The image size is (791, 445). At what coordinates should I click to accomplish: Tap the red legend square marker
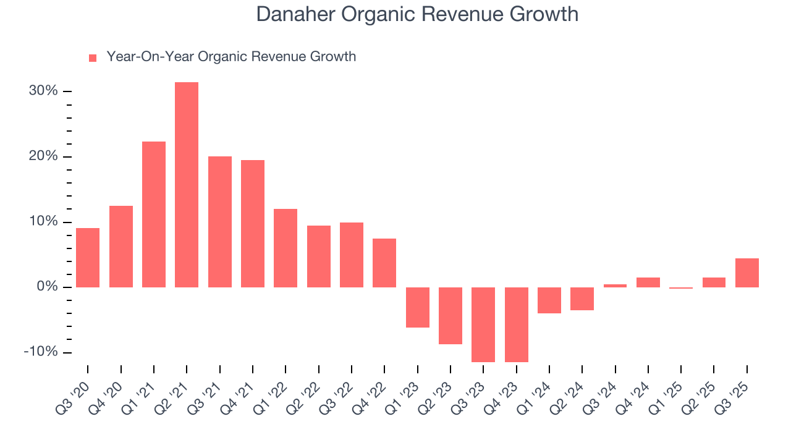click(93, 57)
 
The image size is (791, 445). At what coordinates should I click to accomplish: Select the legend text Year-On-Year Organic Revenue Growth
click(231, 57)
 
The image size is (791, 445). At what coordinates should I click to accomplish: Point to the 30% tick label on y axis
click(43, 91)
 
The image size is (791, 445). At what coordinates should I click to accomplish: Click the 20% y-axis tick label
click(43, 156)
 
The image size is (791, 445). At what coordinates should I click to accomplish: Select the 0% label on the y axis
click(48, 287)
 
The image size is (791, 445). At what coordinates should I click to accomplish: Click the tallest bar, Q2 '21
click(187, 185)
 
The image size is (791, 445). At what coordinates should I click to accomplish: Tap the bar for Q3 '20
click(88, 258)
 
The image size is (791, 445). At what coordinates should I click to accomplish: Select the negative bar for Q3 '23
click(483, 324)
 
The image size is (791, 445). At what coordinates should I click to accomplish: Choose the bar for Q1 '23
click(417, 307)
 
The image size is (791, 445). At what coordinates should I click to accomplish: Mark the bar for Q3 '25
click(747, 273)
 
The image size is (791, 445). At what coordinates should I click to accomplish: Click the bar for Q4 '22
click(384, 263)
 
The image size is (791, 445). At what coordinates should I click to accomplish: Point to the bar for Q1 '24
click(549, 300)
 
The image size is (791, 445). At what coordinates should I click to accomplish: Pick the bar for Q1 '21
click(154, 214)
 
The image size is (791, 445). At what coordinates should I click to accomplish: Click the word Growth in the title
click(547, 14)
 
